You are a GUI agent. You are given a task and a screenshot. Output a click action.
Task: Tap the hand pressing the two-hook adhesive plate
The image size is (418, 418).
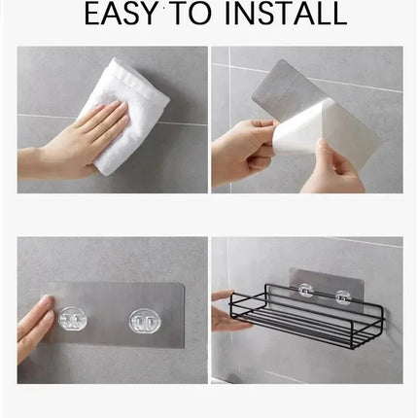[x=34, y=326]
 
